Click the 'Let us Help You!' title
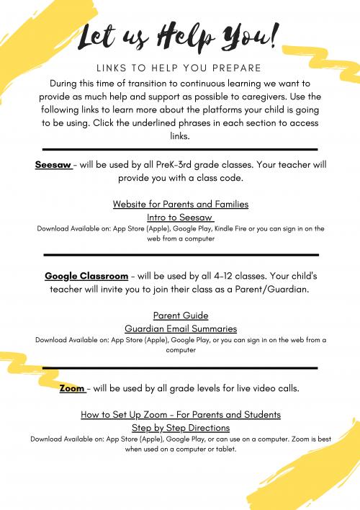coord(180,36)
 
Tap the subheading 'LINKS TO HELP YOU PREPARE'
coord(180,68)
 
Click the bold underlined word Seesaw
coord(53,164)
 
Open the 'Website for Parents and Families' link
coord(180,204)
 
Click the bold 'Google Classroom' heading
coord(86,276)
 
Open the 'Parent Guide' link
coord(180,316)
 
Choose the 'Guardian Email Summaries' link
coord(180,328)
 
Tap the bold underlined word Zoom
coord(73,389)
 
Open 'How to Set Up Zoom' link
coord(180,415)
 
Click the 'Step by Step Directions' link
coord(180,427)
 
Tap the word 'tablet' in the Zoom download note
coord(222,449)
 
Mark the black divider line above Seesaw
coord(180,150)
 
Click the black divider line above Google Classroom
coord(180,254)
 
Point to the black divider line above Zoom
coord(180,367)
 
